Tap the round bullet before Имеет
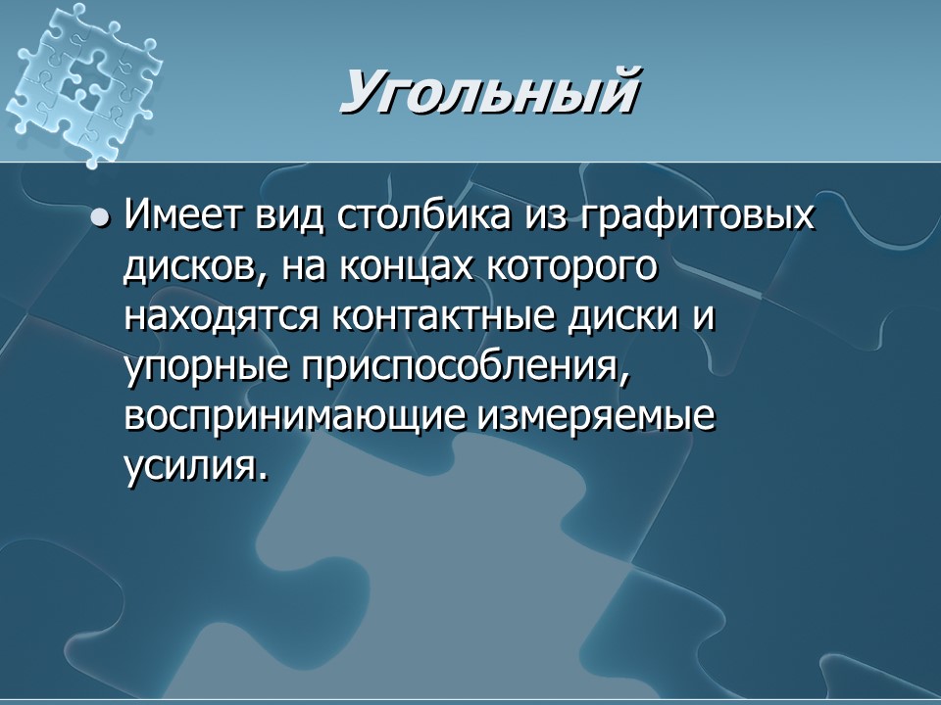[x=99, y=217]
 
